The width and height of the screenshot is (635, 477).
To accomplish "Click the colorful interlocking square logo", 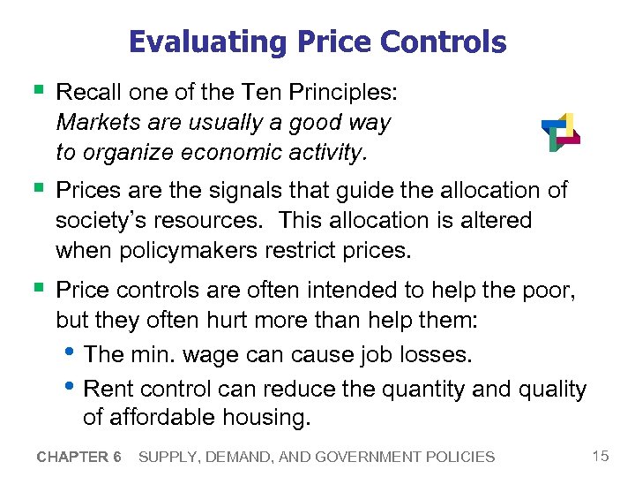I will coord(560,132).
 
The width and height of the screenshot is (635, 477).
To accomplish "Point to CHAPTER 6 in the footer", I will coord(78,457).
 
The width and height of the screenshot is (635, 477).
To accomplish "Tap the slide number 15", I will coord(601,456).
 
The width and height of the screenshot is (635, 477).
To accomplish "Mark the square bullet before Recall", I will coord(35,91).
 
